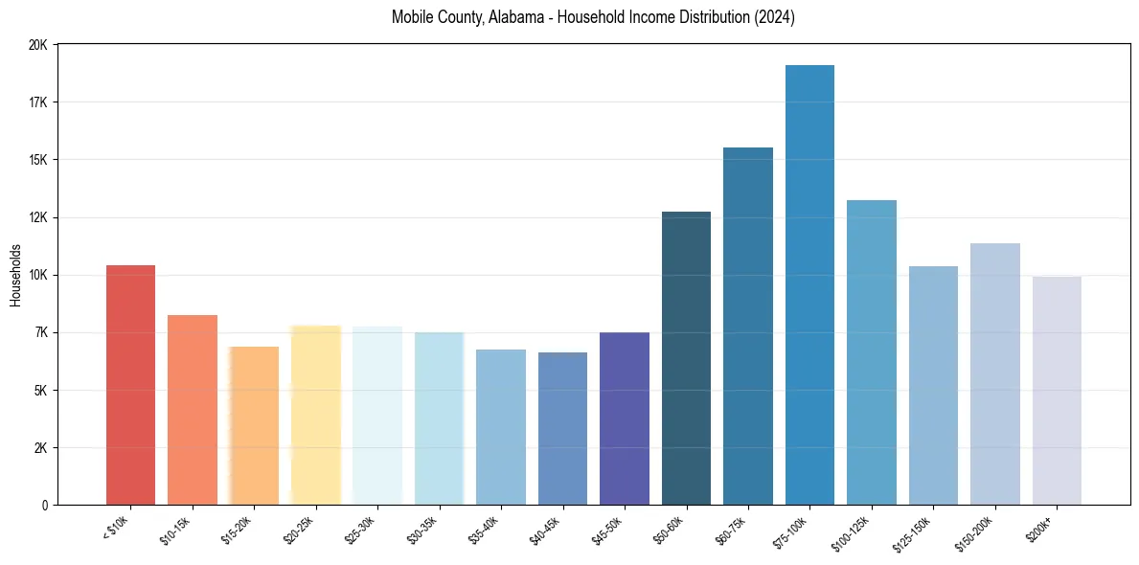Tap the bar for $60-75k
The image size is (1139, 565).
(x=748, y=327)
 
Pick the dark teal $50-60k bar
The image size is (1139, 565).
(x=686, y=358)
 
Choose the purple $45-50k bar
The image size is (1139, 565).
(x=625, y=418)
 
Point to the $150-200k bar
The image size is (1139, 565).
(x=995, y=374)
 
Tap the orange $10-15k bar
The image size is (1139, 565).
(x=193, y=410)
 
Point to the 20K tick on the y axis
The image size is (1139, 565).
(x=38, y=45)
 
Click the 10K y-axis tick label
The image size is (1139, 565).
(x=38, y=275)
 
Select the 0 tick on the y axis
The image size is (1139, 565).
(x=45, y=506)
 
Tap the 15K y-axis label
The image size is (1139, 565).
(x=38, y=160)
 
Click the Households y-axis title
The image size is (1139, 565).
(x=15, y=275)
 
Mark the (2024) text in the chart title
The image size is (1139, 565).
(x=774, y=17)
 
